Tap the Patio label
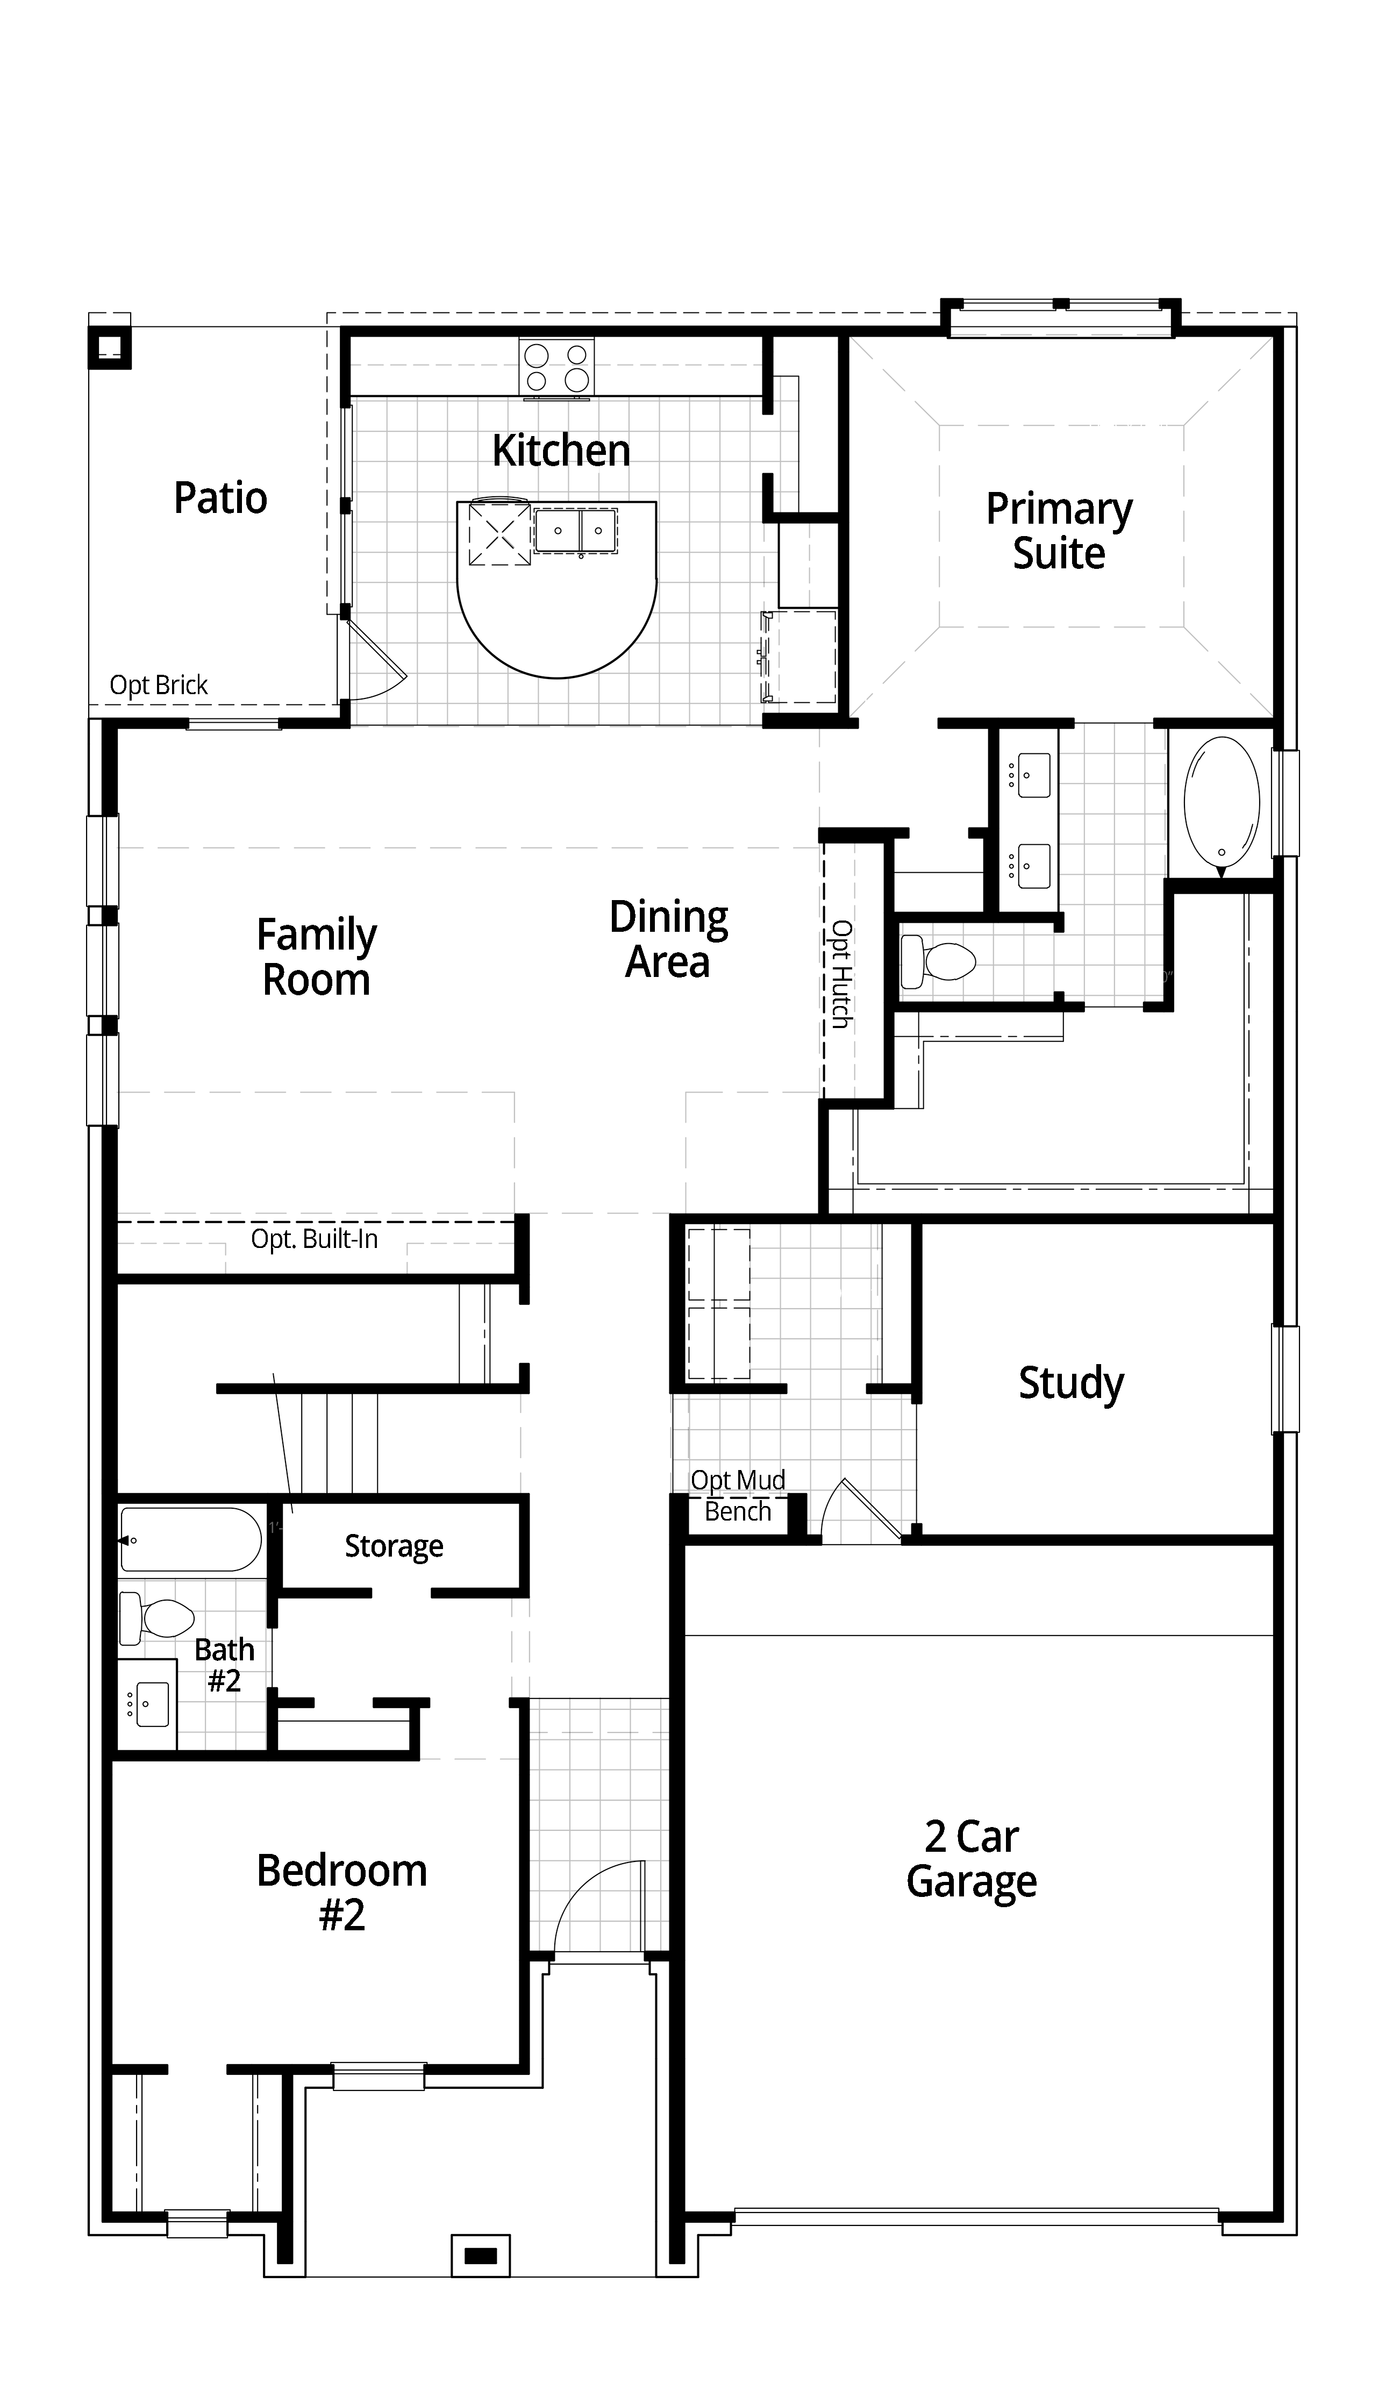pos(220,498)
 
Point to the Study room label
pos(1071,1383)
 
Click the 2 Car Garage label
pos(972,1860)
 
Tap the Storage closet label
pos(394,1546)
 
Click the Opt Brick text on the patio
pos(159,685)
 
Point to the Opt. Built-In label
pos(314,1239)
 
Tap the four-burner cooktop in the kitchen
pos(556,367)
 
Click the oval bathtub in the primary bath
pos(1222,802)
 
